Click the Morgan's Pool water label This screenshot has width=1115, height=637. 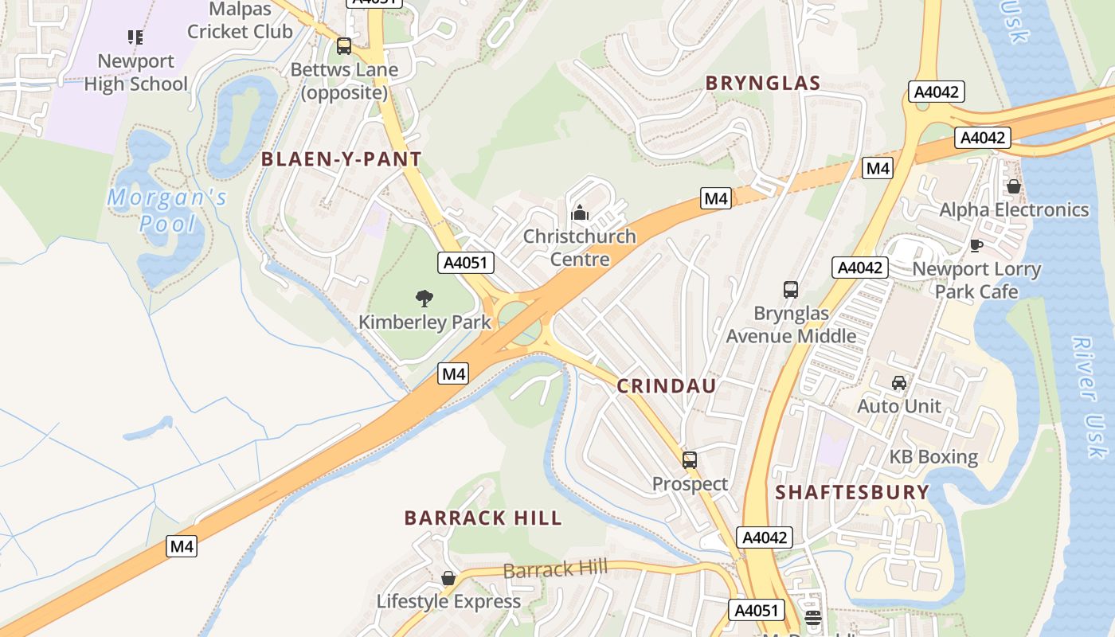pyautogui.click(x=167, y=210)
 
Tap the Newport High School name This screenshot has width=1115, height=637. pyautogui.click(x=135, y=72)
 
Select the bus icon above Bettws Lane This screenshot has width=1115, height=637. pyautogui.click(x=344, y=46)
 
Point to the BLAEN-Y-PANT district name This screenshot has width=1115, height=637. pyautogui.click(x=341, y=159)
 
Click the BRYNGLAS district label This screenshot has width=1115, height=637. pyautogui.click(x=762, y=83)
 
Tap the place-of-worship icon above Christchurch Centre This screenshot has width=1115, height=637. pyautogui.click(x=580, y=213)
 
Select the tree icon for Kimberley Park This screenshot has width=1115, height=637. pyautogui.click(x=424, y=299)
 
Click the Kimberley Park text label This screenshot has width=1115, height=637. pyautogui.click(x=424, y=322)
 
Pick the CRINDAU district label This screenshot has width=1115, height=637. pyautogui.click(x=667, y=386)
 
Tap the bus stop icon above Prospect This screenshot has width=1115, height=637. pyautogui.click(x=690, y=460)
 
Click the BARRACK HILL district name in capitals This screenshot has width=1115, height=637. pyautogui.click(x=483, y=518)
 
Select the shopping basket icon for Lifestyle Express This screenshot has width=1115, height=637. pyautogui.click(x=448, y=578)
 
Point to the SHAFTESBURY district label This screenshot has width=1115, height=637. pyautogui.click(x=852, y=492)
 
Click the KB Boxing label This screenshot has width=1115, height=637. pyautogui.click(x=933, y=457)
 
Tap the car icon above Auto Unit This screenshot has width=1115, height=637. pyautogui.click(x=899, y=383)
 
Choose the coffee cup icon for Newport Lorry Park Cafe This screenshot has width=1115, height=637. pyautogui.click(x=976, y=245)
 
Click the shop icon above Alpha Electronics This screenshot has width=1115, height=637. pyautogui.click(x=1013, y=186)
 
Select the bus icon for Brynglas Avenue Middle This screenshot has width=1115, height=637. pyautogui.click(x=791, y=290)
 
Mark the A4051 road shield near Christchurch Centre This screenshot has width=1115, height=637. pyautogui.click(x=466, y=263)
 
